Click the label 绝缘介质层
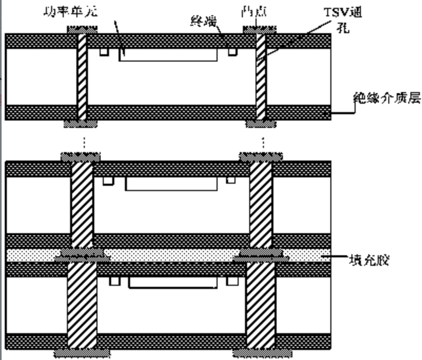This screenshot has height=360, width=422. click(x=387, y=98)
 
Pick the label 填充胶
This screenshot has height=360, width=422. click(x=369, y=259)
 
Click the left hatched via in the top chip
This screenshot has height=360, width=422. click(x=82, y=77)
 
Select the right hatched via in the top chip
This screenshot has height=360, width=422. click(x=260, y=77)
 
